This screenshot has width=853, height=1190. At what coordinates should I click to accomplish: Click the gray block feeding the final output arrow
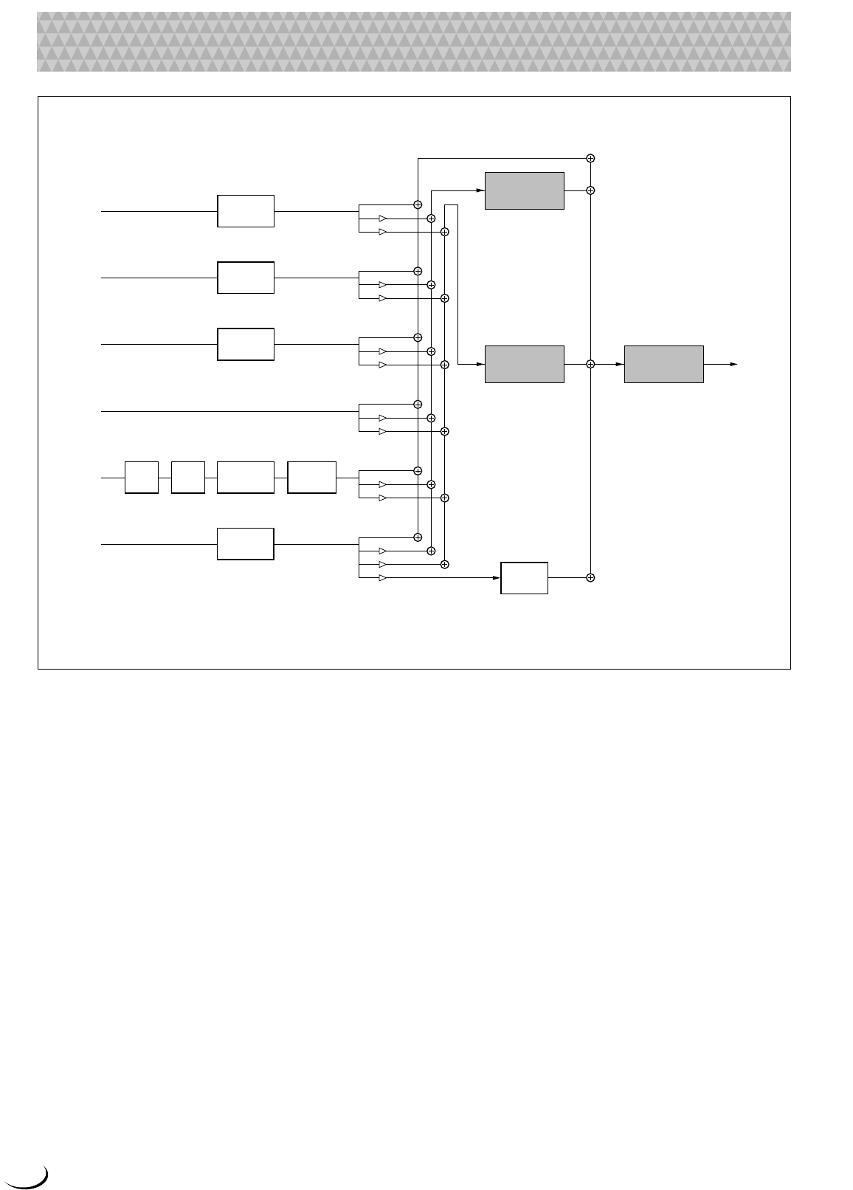663,364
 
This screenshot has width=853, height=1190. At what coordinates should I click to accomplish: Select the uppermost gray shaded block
524,190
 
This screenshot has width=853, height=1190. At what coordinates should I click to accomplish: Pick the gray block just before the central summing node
524,364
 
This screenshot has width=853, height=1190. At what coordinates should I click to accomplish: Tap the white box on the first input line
246,211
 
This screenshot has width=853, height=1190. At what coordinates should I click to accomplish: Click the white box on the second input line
246,278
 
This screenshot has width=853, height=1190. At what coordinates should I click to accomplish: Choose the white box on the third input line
246,344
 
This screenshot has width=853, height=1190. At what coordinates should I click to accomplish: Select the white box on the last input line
246,544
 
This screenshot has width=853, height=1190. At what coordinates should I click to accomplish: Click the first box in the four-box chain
142,478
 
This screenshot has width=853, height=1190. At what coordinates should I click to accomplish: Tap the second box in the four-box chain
187,478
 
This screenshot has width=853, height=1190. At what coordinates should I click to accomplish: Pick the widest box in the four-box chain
246,478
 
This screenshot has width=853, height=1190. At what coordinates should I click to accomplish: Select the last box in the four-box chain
311,478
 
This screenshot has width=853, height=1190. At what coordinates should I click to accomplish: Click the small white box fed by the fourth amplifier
524,577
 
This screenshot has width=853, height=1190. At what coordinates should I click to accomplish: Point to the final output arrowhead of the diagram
733,364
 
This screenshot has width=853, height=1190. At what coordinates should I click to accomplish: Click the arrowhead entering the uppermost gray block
480,190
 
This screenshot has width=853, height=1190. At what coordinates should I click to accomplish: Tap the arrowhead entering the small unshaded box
497,577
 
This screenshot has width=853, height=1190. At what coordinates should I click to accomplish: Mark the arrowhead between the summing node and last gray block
620,364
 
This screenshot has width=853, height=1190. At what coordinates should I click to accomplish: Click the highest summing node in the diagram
590,158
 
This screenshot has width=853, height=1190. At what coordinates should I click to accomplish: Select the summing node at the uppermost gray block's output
590,190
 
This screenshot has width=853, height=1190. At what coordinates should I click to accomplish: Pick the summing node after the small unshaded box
590,577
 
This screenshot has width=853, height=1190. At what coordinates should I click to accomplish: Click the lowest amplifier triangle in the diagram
382,577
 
